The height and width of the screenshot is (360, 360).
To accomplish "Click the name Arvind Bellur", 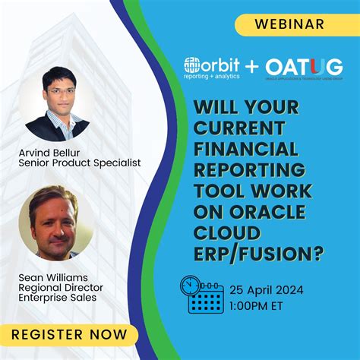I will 52,152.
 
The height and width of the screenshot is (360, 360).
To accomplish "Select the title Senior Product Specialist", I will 80,163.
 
